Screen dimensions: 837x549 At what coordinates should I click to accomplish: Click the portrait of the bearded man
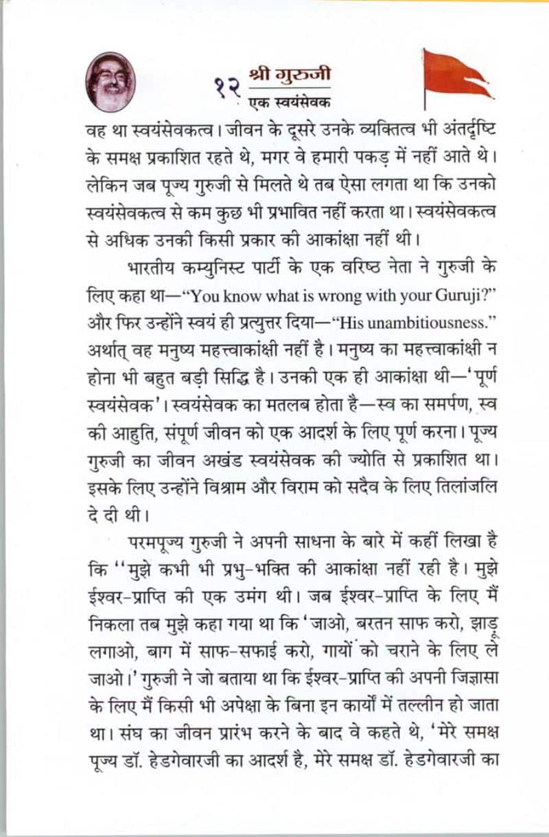[x=110, y=81]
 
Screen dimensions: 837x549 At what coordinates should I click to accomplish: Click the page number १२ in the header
[x=226, y=88]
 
